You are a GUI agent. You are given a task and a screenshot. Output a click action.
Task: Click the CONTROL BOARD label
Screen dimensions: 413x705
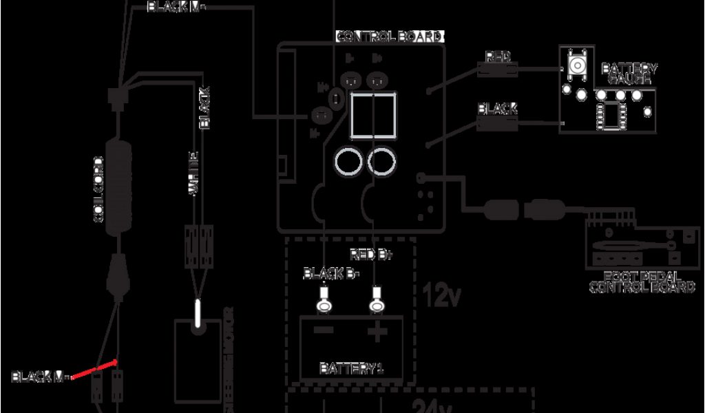click(x=389, y=36)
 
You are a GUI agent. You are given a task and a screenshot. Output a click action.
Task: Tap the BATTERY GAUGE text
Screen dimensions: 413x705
click(x=629, y=74)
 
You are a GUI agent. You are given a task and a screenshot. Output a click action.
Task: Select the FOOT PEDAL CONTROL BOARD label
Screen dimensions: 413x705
click(x=642, y=282)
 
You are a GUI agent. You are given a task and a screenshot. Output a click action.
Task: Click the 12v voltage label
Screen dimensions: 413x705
click(x=441, y=295)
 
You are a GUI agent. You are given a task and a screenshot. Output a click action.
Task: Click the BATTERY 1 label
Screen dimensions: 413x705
click(x=351, y=368)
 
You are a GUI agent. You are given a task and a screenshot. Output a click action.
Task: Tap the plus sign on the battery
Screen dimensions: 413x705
click(x=377, y=333)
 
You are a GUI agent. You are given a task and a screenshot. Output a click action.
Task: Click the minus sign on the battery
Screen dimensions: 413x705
click(x=324, y=331)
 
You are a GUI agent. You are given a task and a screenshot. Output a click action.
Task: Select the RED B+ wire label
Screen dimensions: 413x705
click(x=370, y=255)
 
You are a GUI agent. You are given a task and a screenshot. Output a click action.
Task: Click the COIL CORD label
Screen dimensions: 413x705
click(x=98, y=189)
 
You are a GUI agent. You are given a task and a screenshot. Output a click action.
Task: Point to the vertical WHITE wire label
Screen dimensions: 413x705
click(x=194, y=173)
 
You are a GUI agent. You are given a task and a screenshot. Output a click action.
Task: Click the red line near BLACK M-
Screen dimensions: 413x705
click(x=93, y=371)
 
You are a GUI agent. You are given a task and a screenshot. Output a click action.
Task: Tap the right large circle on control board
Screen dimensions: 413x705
click(x=381, y=162)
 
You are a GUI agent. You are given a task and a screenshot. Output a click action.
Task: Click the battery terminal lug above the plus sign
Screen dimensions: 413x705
click(x=376, y=300)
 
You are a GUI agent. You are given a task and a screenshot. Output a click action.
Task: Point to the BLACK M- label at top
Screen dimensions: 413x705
click(x=176, y=8)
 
